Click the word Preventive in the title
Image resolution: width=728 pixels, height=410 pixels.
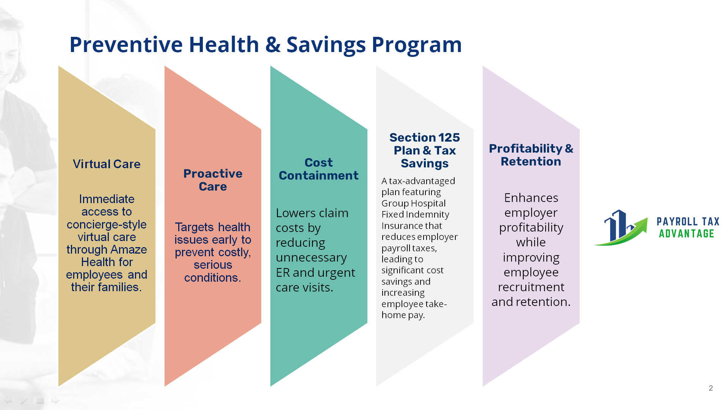(126, 44)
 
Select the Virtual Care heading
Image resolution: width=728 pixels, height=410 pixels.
(107, 164)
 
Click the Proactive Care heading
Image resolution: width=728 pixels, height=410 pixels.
(213, 180)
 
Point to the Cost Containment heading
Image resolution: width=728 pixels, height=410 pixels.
(318, 169)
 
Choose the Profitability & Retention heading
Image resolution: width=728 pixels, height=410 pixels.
(531, 155)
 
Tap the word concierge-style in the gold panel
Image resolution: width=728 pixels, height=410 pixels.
(107, 225)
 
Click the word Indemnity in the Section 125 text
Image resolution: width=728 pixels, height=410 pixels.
(431, 215)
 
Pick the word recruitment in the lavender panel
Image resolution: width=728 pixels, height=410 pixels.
(531, 287)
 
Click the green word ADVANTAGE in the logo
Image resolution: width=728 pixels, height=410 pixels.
(687, 233)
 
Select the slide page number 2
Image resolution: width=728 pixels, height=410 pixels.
(711, 388)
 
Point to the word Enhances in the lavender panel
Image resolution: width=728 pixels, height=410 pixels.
(531, 198)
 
